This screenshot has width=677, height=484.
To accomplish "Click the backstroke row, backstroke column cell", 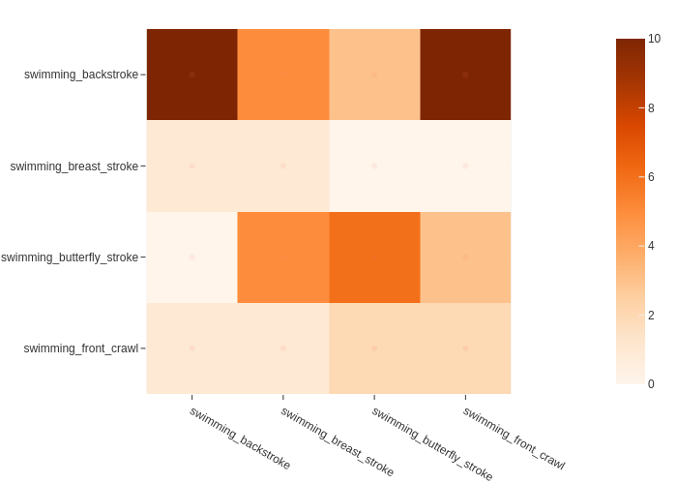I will coord(191,75).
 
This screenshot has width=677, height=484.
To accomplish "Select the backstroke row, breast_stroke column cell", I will coord(283,75).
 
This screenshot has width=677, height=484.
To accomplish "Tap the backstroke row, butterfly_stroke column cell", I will coord(374,75).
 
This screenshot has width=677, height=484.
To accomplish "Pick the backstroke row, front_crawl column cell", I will coord(465,75).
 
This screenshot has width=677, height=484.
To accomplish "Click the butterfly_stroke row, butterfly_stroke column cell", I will coord(374,257).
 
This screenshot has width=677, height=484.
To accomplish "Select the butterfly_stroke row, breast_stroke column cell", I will coord(283,257).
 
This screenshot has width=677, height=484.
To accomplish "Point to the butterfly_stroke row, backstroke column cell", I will coord(191,257).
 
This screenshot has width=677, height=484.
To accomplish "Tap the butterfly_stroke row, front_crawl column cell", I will coord(465,257).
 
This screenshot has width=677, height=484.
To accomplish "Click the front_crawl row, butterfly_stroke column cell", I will coord(374,348).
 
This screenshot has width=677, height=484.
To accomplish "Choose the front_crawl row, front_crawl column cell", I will coord(465,348).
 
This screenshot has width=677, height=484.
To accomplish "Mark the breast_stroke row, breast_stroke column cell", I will coord(283,166).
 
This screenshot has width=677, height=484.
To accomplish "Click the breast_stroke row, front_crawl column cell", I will coord(465,166).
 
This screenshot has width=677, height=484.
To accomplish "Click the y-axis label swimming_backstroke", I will coord(81,75).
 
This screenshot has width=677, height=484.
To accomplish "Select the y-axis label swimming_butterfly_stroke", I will coord(70,257).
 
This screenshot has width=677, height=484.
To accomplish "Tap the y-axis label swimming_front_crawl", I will coord(81,348).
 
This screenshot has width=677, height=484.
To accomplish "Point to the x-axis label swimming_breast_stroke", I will coord(338,441).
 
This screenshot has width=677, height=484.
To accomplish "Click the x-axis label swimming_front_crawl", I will coord(514,438).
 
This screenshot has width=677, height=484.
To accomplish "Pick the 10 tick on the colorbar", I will coord(655,39).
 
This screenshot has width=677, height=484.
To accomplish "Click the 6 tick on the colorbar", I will coord(655,177).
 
